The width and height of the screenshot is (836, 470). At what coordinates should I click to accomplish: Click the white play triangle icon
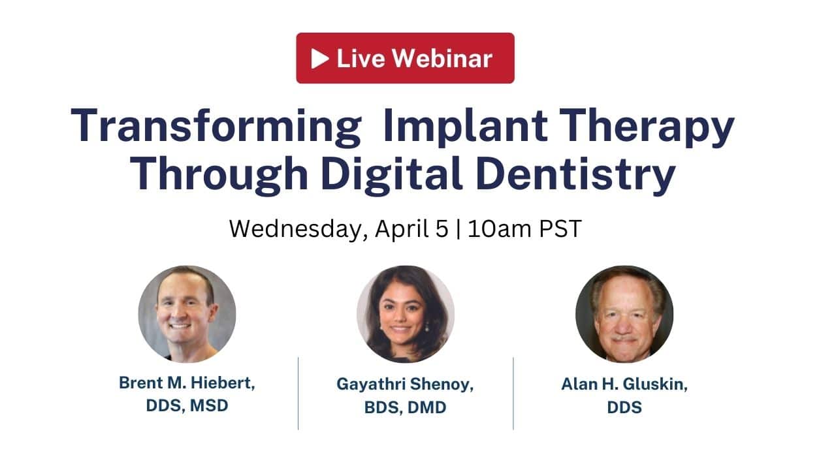pyautogui.click(x=320, y=59)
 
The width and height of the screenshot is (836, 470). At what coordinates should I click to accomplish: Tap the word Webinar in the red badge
pyautogui.click(x=442, y=59)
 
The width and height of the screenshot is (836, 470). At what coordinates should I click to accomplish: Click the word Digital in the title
pyautogui.click(x=391, y=175)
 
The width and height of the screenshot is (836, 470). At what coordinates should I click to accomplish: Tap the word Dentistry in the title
pyautogui.click(x=576, y=175)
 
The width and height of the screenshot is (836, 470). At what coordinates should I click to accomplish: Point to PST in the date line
pyautogui.click(x=560, y=228)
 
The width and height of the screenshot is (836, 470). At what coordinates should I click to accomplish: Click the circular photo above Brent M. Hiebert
pyautogui.click(x=187, y=314)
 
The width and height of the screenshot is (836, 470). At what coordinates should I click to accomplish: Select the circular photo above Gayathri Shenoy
pyautogui.click(x=406, y=314)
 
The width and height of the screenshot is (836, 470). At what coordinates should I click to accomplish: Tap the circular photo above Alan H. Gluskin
pyautogui.click(x=624, y=314)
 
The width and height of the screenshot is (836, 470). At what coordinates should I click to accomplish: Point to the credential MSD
pyautogui.click(x=209, y=405)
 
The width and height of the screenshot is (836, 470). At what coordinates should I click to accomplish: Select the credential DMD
pyautogui.click(x=427, y=407)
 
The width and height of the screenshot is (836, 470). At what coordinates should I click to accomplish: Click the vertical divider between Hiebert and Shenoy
pyautogui.click(x=298, y=394)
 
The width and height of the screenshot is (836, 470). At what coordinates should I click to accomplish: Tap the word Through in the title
pyautogui.click(x=219, y=175)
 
